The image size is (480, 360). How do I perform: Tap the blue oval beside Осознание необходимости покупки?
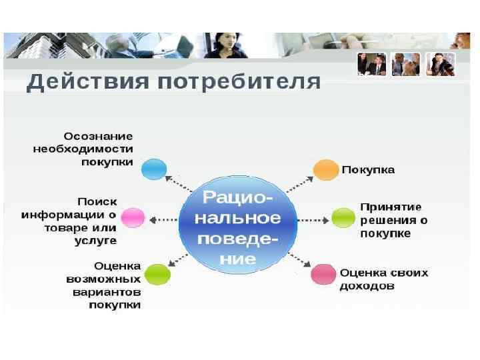coord(154,169)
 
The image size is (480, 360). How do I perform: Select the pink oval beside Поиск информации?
coord(133,217)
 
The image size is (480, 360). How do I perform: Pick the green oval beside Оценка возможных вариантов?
coord(157,274)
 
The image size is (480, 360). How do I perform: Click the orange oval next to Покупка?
coord(326,169)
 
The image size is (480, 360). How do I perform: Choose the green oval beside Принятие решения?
coord(344,217)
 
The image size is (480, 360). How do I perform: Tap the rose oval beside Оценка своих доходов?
coord(324,273)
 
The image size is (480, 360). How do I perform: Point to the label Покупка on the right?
coord(368,169)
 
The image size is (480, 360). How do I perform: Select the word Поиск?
coord(97,201)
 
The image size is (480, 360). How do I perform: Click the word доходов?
coord(367,286)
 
